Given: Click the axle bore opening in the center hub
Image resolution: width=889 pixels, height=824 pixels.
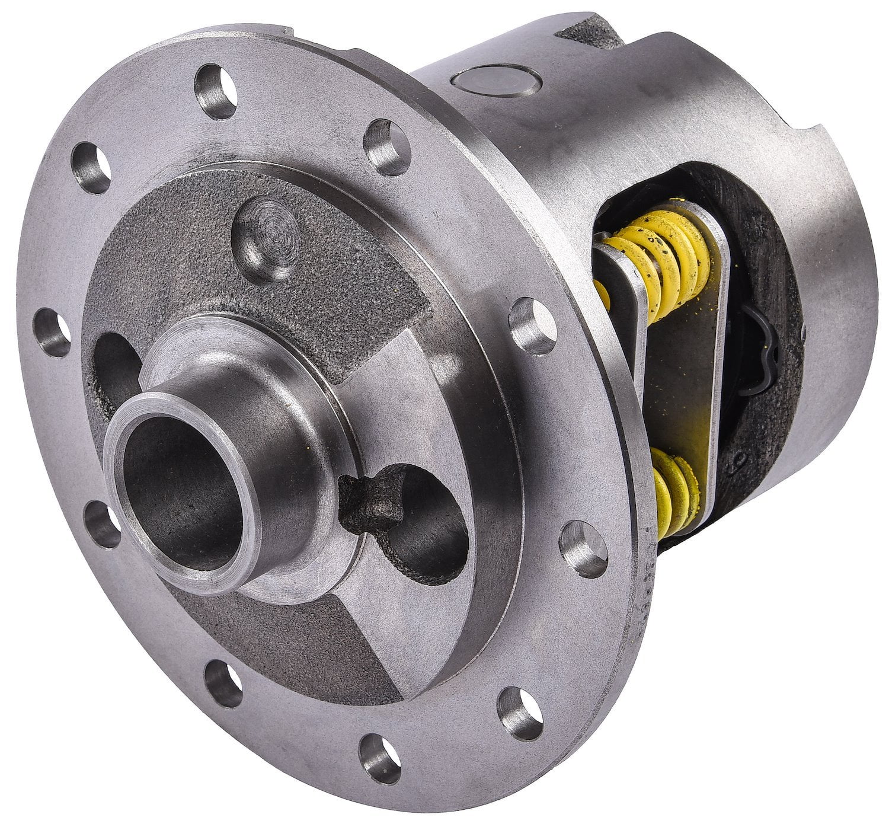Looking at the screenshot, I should click(172, 492).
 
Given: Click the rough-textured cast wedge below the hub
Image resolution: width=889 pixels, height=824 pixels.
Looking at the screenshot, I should click(284, 646).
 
